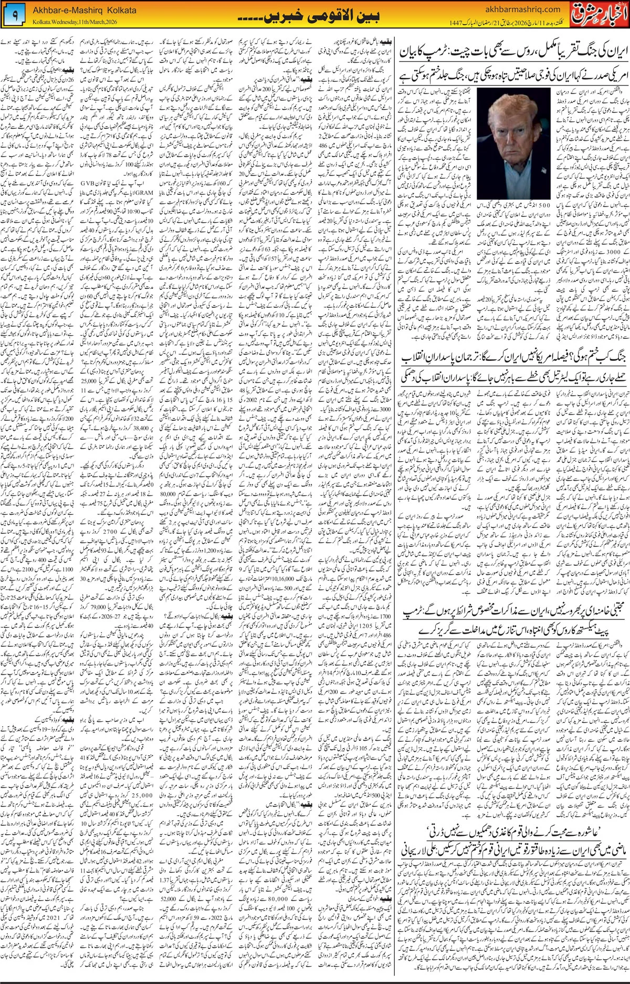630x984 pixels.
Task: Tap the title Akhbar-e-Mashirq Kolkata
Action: tap(85, 11)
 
